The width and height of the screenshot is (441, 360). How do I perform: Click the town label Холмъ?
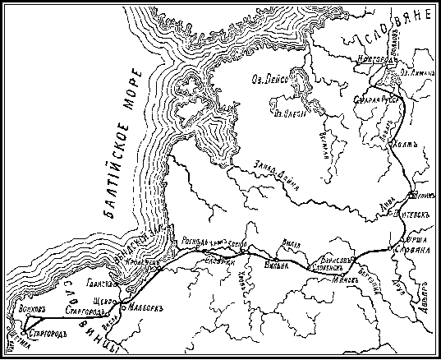pos(396,146)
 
